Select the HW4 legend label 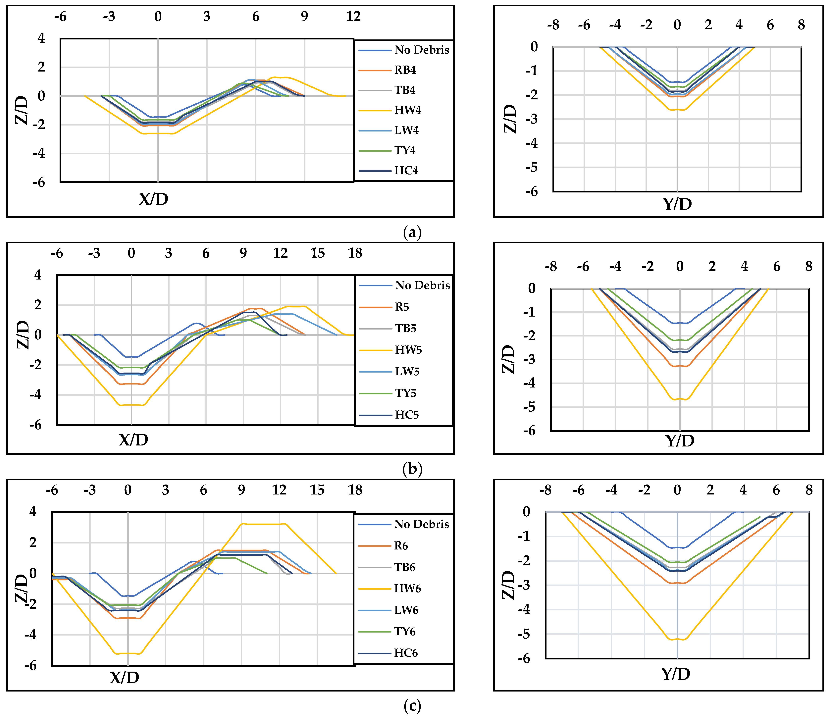point(408,110)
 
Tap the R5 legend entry point(402,307)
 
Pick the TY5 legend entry point(405,393)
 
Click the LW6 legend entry point(406,610)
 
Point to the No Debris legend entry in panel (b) point(422,285)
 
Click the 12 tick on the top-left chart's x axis point(353,17)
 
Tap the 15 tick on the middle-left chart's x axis point(317,253)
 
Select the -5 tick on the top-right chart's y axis point(532,167)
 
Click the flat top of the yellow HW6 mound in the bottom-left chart point(263,524)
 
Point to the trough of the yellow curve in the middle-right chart point(680,399)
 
